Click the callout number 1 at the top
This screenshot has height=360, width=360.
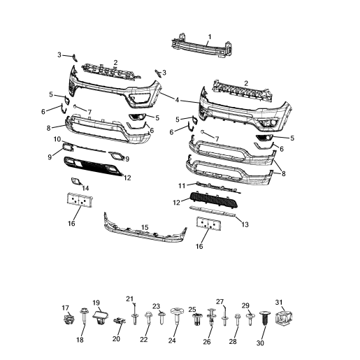coord(209,36)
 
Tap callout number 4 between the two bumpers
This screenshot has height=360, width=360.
coord(177,100)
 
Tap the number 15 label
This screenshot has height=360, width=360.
coord(145,227)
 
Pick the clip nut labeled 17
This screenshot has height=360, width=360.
coord(69,321)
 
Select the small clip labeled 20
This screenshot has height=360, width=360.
coord(117,321)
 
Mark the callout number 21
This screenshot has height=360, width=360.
coord(129,299)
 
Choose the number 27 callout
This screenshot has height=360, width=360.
coord(219,302)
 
